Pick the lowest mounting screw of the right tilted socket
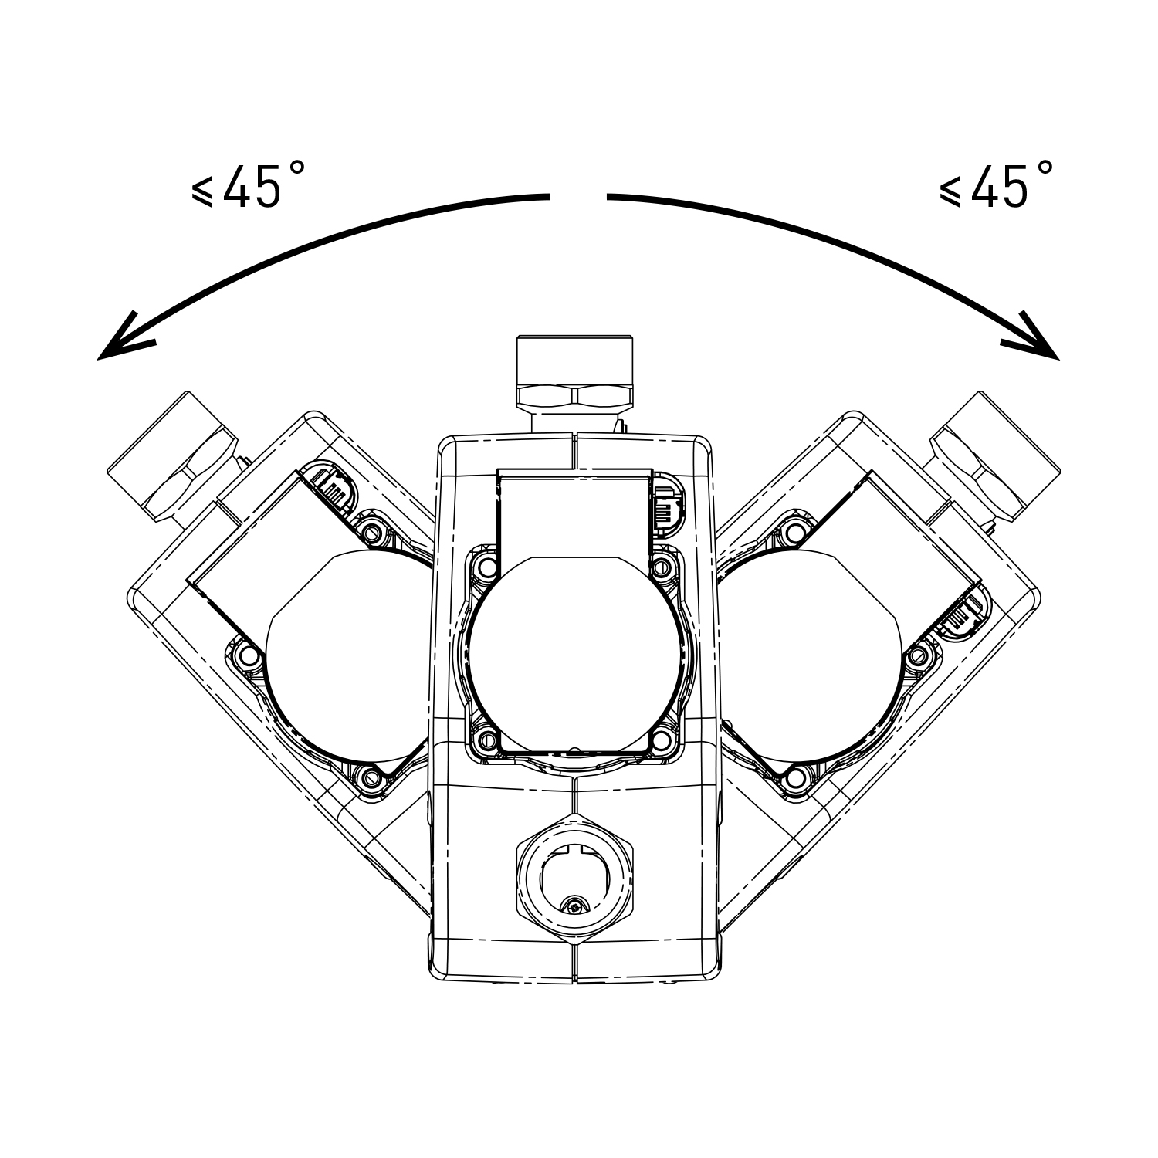795,776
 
